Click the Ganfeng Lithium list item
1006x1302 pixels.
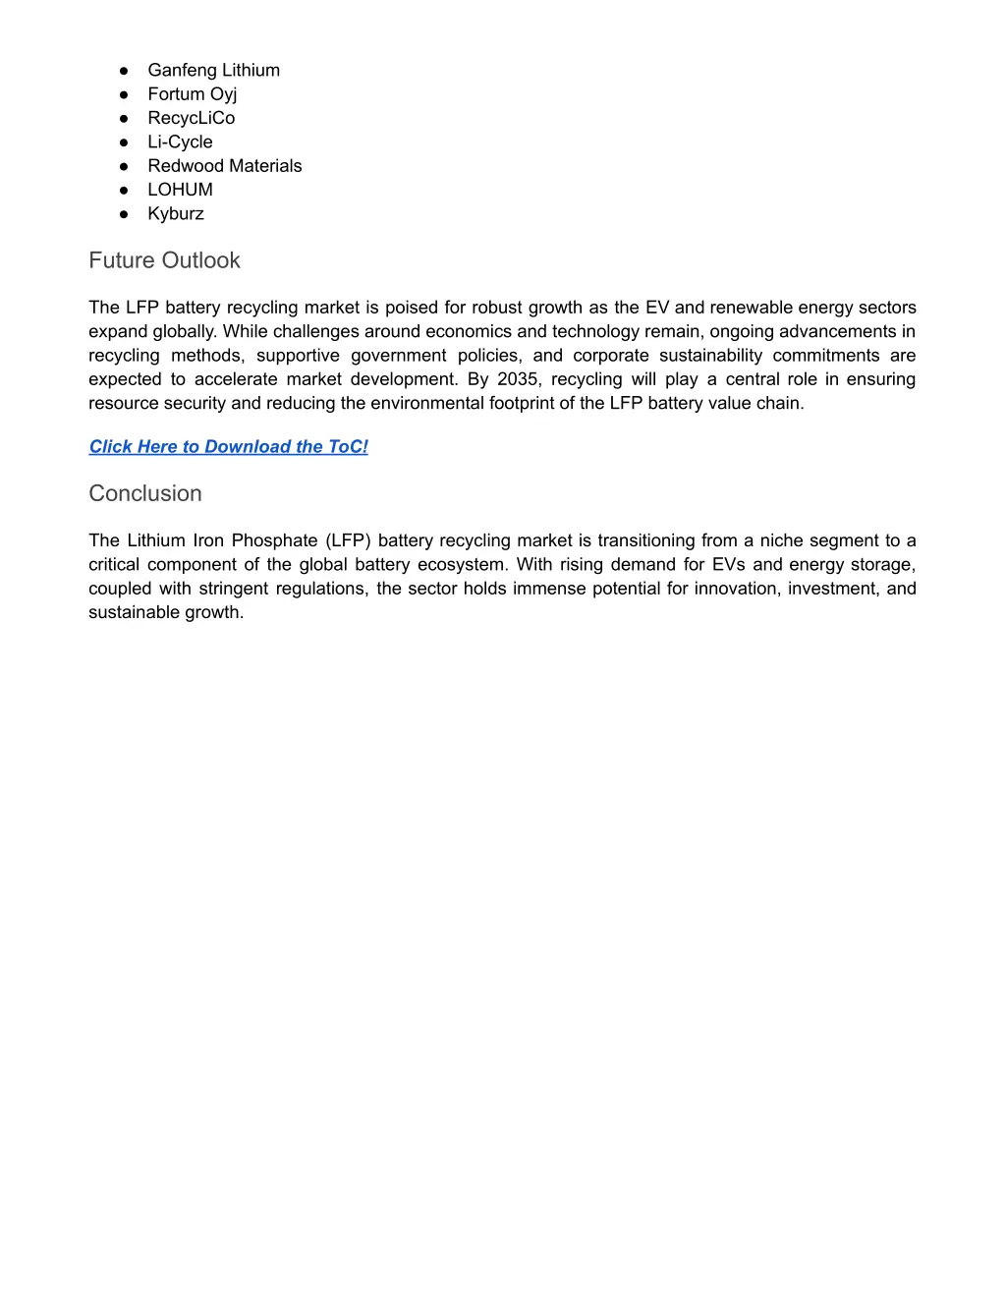click(213, 70)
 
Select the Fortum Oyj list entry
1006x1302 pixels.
click(192, 94)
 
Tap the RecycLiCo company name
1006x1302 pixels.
click(191, 118)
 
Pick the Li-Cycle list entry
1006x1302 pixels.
click(180, 142)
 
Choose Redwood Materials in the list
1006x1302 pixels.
click(224, 166)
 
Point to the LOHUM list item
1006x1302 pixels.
click(180, 190)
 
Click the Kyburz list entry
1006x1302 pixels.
click(176, 213)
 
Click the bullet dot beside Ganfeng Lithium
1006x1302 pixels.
click(125, 71)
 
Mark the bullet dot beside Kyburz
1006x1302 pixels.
click(125, 214)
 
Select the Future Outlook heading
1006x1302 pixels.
click(164, 260)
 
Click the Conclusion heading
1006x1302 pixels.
click(145, 493)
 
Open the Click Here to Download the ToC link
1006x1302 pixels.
click(228, 447)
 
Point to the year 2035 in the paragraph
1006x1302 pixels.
click(518, 379)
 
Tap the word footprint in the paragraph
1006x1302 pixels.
click(530, 403)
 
